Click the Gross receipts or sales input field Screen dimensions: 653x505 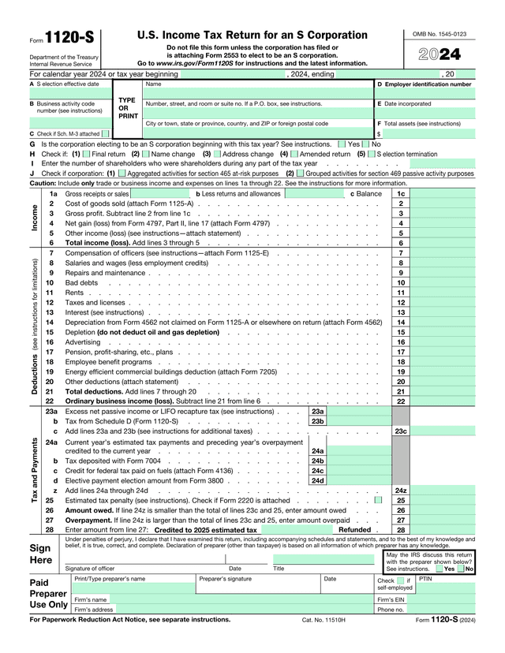click(159, 193)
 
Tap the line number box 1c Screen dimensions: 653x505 click(401, 193)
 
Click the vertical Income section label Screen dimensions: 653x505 click(34, 218)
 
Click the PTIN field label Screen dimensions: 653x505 click(425, 579)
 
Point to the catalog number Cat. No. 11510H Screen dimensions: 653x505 click(324, 620)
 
